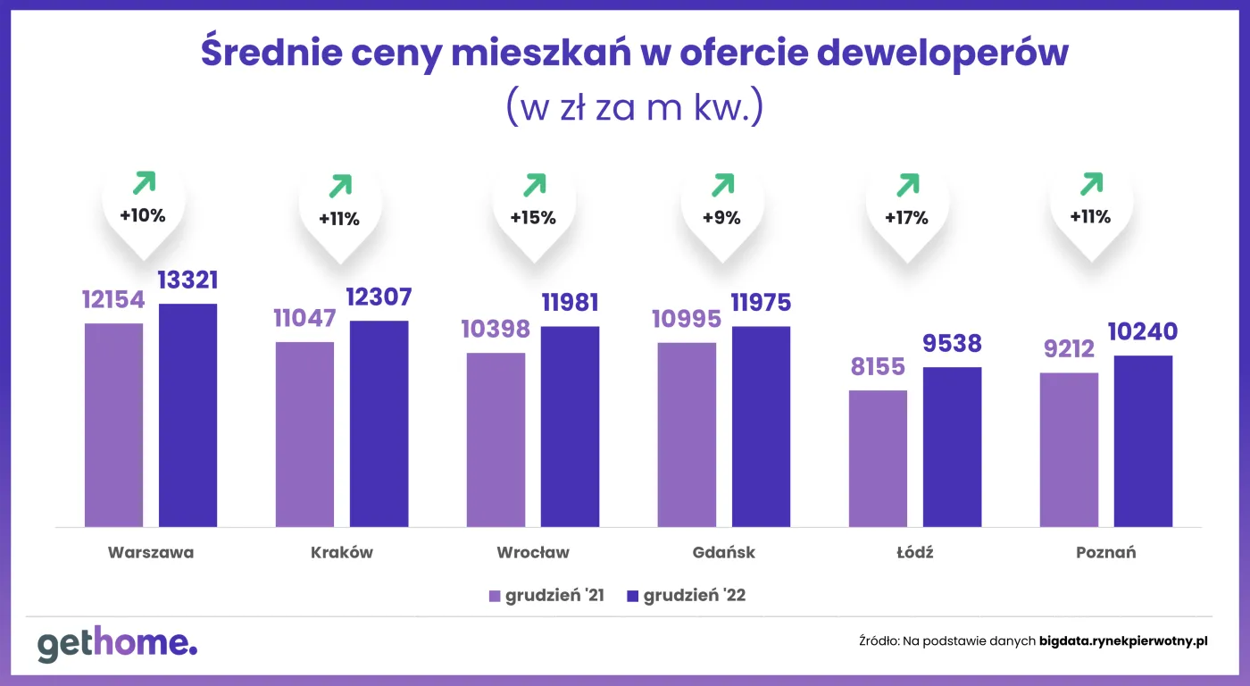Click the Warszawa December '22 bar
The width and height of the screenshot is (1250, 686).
pos(187,415)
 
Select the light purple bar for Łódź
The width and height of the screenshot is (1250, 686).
pos(878,458)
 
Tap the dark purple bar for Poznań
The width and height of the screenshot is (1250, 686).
pos(1143,441)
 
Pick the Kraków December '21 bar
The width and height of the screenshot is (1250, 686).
pos(304,434)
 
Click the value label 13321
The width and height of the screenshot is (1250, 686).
pos(187,280)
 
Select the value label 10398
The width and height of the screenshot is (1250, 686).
pos(496,330)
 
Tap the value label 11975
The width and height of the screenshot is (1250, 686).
pos(761,303)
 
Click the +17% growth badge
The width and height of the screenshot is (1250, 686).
pos(907,217)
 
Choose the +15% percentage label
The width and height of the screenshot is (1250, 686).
pos(533,217)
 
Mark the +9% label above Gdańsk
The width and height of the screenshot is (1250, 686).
pos(721,217)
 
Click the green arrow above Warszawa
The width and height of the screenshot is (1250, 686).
pos(143,184)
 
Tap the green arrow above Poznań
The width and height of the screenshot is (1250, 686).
pos(1091,184)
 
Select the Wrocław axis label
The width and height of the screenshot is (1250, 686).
pos(533,552)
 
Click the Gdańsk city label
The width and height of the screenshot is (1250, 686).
pos(723,552)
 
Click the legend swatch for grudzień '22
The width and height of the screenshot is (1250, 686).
pos(633,596)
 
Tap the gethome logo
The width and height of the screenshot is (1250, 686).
pos(117,644)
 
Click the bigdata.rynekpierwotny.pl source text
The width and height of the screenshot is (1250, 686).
pos(1123,640)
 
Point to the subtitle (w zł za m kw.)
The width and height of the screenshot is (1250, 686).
pos(634,107)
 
